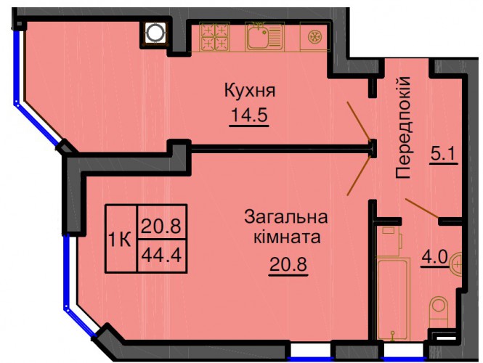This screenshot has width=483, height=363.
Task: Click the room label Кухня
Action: click(x=250, y=91)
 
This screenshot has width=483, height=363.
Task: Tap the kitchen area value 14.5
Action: click(x=249, y=115)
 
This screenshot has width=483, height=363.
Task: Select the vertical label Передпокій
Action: click(x=403, y=128)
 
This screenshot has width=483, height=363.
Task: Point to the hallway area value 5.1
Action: click(x=443, y=154)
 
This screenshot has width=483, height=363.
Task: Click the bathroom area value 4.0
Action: click(x=435, y=257)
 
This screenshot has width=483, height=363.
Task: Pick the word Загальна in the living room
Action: click(x=286, y=217)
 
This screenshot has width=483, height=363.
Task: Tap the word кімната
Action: click(x=287, y=237)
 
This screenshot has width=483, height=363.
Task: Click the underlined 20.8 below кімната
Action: click(x=288, y=264)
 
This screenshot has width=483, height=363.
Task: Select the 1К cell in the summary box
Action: click(x=121, y=239)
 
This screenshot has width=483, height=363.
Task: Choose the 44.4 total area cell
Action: click(x=162, y=256)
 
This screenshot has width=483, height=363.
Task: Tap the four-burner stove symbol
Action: click(x=214, y=36)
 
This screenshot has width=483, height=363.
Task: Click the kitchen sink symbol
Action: click(x=264, y=36)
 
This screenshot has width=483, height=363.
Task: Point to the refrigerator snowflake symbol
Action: click(x=315, y=36)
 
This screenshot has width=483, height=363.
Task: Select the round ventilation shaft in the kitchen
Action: click(x=155, y=33)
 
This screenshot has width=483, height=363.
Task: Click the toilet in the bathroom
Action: click(x=439, y=311)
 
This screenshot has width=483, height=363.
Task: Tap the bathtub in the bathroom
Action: click(x=394, y=299)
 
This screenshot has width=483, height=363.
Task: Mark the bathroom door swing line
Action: click(x=422, y=208)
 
